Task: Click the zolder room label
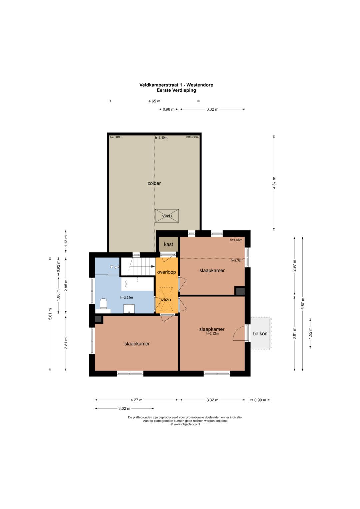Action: tap(154, 183)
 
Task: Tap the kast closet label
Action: tap(168, 244)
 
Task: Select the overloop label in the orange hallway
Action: tap(167, 272)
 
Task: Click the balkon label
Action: tap(260, 334)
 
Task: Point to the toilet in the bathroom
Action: tap(103, 304)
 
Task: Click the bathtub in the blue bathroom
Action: tap(137, 284)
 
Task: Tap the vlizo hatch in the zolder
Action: tap(167, 216)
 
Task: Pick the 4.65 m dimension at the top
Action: tap(154, 101)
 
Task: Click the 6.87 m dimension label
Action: tap(303, 304)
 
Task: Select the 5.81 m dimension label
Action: tap(50, 314)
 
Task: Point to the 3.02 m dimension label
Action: tap(124, 408)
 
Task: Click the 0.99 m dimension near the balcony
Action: tap(260, 400)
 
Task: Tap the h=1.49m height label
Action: tap(161, 137)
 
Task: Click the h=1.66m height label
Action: tap(236, 240)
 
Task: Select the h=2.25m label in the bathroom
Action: tap(127, 297)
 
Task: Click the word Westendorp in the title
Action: tap(200, 85)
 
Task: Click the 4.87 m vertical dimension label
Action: tap(274, 183)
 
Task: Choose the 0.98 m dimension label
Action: tap(169, 109)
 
